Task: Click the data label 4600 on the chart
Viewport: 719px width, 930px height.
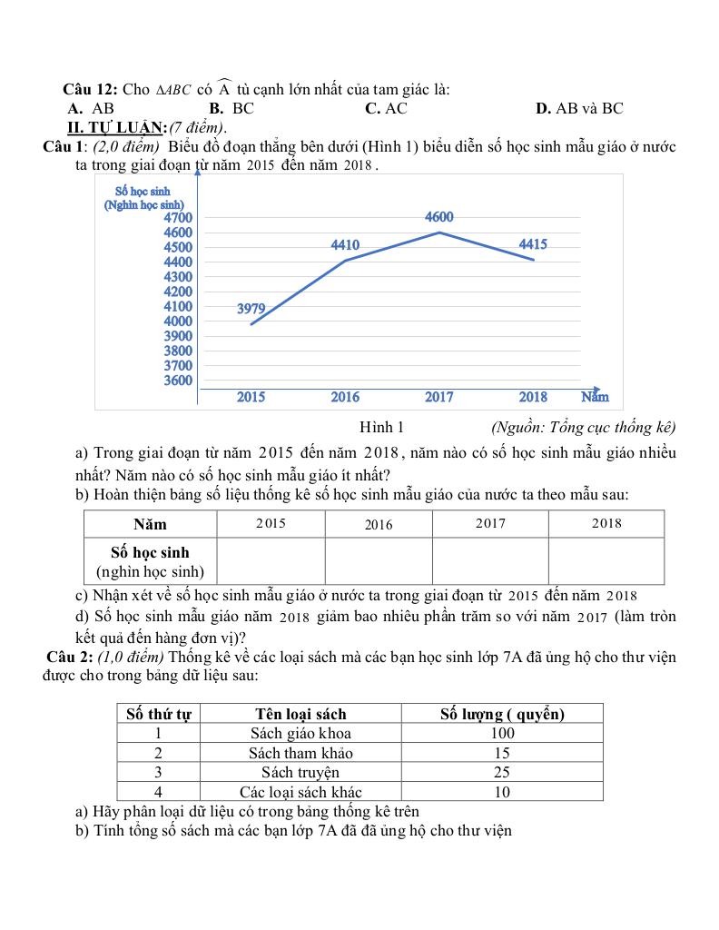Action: click(x=439, y=217)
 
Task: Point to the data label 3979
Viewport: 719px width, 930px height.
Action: click(x=251, y=309)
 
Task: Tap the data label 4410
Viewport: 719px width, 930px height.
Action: click(x=345, y=245)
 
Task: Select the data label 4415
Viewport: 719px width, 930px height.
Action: click(x=533, y=244)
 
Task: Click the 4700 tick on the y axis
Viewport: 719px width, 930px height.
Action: click(x=178, y=218)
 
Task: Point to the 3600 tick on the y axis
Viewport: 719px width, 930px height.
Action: click(x=178, y=381)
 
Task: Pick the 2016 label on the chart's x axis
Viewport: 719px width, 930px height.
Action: click(x=345, y=397)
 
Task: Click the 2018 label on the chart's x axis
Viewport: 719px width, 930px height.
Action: click(x=533, y=397)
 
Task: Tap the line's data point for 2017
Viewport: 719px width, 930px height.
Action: click(x=439, y=232)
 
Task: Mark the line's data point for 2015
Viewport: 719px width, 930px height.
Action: click(x=251, y=324)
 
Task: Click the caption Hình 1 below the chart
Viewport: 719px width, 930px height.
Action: click(x=381, y=427)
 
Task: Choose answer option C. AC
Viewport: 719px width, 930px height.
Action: click(x=386, y=108)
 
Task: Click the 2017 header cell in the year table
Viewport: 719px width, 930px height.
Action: click(x=490, y=524)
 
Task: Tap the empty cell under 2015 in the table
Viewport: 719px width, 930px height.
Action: click(x=271, y=560)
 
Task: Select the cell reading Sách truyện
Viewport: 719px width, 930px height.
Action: click(x=300, y=772)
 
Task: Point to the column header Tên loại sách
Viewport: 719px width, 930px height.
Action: click(x=300, y=714)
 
